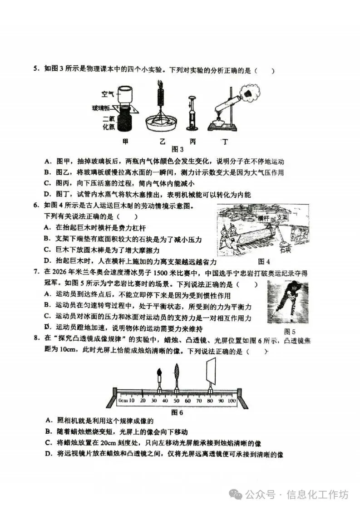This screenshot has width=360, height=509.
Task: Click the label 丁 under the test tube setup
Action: click(224, 142)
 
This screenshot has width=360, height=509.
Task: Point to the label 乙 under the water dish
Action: click(163, 142)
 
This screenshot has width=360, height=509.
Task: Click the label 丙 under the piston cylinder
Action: click(193, 142)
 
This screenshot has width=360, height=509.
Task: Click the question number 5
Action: click(35, 70)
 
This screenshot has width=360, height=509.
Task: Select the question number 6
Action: click(35, 206)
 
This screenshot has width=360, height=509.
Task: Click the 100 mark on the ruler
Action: click(232, 401)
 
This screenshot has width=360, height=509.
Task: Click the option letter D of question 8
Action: click(47, 454)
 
